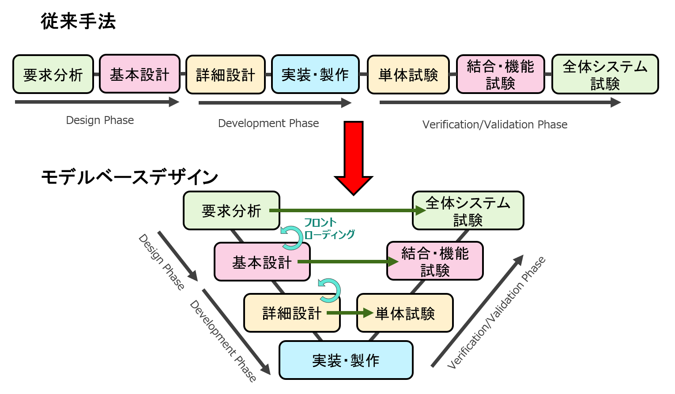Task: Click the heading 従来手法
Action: click(78, 21)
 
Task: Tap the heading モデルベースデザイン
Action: click(130, 177)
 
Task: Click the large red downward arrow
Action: click(354, 158)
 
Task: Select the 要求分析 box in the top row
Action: click(53, 75)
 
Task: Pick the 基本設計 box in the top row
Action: click(140, 74)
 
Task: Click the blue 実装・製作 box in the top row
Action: click(315, 75)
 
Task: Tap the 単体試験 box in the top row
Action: click(408, 75)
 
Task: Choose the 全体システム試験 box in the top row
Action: click(605, 75)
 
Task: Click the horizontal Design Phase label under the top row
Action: click(100, 120)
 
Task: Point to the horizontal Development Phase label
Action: click(268, 123)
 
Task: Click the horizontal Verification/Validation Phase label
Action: click(495, 124)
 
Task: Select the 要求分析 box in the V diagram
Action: click(231, 210)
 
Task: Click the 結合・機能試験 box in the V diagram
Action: click(435, 261)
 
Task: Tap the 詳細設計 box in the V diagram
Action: click(292, 313)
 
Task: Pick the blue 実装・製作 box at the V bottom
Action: click(346, 360)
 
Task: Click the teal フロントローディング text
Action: click(329, 229)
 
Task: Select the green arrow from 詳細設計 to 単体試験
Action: click(350, 313)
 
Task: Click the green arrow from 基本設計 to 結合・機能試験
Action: click(348, 262)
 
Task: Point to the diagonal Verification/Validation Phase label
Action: click(496, 313)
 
